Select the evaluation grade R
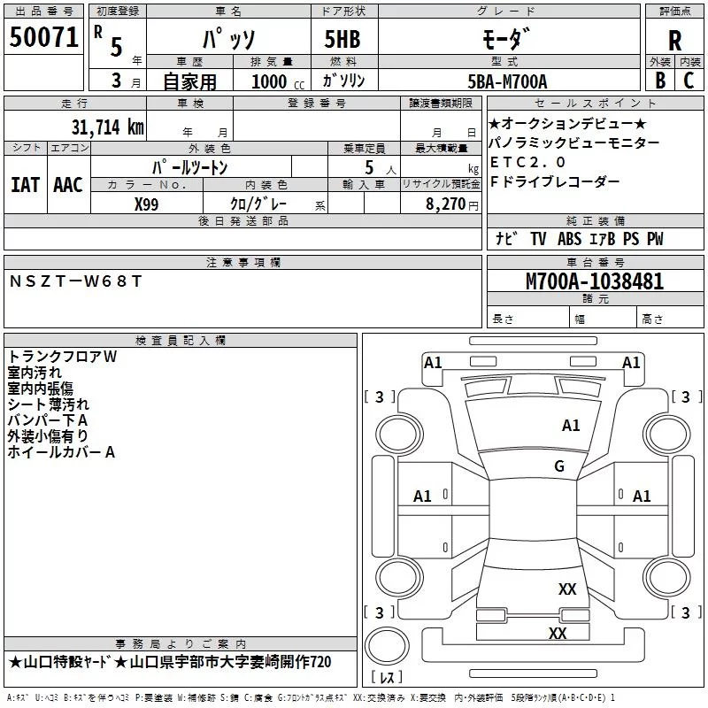674,41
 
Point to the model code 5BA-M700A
507,81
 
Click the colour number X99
147,204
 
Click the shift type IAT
25,184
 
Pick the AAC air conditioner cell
67,184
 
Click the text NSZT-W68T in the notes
75,281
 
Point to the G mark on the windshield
558,466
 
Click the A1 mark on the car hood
571,426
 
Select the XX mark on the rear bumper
557,634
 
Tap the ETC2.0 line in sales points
527,162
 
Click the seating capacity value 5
368,167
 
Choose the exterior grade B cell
659,80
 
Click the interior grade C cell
689,80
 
